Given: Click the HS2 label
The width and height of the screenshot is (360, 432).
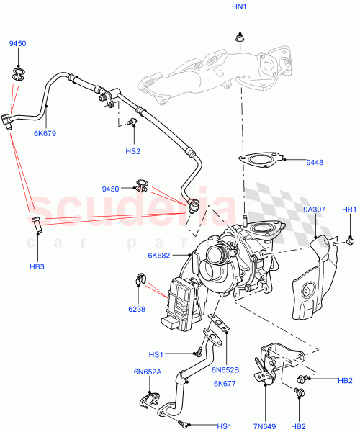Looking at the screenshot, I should coord(132,151).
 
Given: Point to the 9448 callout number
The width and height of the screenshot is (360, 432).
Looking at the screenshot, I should coord(315,163).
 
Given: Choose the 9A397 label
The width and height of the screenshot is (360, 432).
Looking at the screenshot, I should coord(314,210).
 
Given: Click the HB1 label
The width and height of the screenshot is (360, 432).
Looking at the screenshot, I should coord(348,210).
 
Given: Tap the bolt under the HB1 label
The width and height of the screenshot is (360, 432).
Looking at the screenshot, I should coord(348,241).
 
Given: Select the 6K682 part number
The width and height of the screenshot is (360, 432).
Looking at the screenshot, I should coord(160,256).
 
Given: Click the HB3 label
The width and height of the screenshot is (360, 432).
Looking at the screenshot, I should coord(37,247).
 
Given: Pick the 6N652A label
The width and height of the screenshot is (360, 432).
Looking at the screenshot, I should coord(148,372).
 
